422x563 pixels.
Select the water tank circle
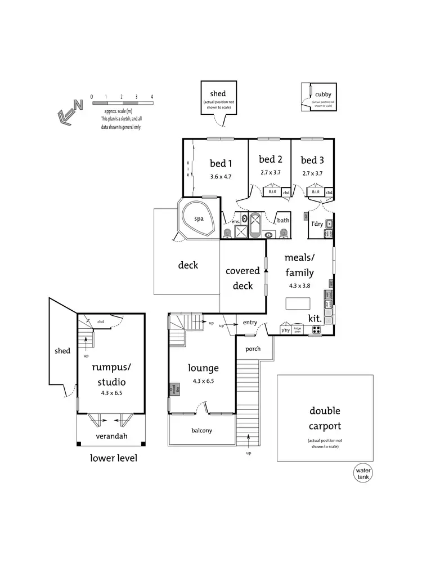click(363, 473)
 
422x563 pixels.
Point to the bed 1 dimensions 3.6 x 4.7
click(221, 176)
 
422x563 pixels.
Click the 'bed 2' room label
click(270, 159)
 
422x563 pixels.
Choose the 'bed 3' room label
click(311, 159)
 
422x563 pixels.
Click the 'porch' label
click(253, 349)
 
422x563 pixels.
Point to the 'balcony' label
click(202, 431)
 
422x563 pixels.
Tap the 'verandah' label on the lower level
click(110, 436)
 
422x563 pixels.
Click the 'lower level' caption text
click(114, 458)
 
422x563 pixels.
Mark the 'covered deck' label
click(243, 278)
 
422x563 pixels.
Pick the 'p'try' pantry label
click(285, 331)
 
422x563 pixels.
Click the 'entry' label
click(250, 322)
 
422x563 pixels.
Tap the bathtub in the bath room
click(255, 227)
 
